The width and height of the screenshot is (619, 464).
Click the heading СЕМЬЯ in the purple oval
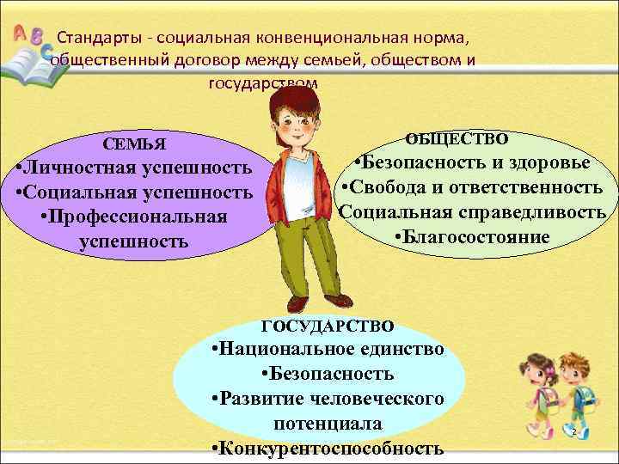tap(134, 143)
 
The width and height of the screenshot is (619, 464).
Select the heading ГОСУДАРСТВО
tap(328, 326)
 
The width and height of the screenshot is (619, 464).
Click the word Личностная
tap(83, 168)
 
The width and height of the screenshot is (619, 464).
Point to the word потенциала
tap(328, 424)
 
